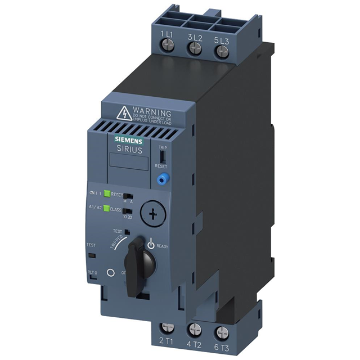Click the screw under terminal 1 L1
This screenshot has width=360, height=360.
[167, 48]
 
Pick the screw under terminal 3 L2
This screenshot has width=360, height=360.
[195, 49]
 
